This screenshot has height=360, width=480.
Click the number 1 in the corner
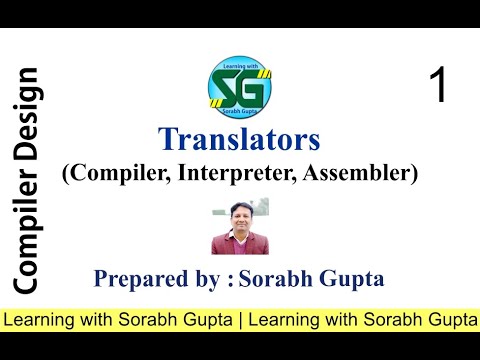click(x=437, y=86)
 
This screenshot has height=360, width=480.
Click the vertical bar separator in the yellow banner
click(x=239, y=321)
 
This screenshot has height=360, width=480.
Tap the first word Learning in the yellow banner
click(x=37, y=321)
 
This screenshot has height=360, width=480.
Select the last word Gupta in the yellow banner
click(x=451, y=321)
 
